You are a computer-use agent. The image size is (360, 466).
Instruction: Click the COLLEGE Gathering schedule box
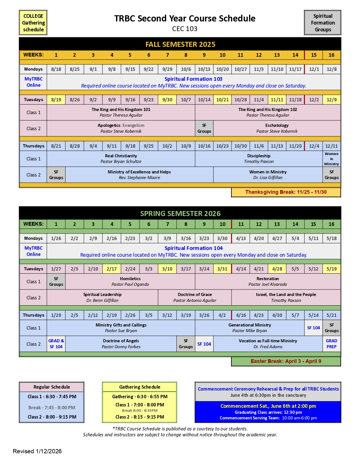pyautogui.click(x=33, y=23)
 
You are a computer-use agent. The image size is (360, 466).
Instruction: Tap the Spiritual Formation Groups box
pyautogui.click(x=322, y=23)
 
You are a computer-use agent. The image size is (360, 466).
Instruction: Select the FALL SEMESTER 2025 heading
pyautogui.click(x=180, y=44)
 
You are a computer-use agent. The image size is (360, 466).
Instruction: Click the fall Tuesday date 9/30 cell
pyautogui.click(x=167, y=100)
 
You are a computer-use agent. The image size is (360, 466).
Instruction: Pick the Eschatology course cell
pyautogui.click(x=277, y=128)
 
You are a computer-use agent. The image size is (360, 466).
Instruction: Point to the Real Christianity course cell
pyautogui.click(x=121, y=158)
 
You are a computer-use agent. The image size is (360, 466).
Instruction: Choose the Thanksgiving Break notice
pyautogui.click(x=286, y=192)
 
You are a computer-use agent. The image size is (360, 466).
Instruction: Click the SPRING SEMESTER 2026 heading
pyautogui.click(x=180, y=214)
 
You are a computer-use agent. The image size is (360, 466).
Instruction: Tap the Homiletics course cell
pyautogui.click(x=130, y=281)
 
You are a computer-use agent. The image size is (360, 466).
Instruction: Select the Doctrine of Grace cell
pyautogui.click(x=195, y=297)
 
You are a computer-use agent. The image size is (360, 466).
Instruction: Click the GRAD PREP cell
pyautogui.click(x=331, y=344)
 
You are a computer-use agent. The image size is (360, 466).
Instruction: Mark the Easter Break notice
pyautogui.click(x=286, y=361)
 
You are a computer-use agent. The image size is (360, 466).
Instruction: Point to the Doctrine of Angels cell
pyautogui.click(x=121, y=344)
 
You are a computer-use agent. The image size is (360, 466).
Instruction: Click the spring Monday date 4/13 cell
pyautogui.click(x=241, y=238)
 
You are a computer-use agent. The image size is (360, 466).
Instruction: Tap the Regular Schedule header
pyautogui.click(x=52, y=387)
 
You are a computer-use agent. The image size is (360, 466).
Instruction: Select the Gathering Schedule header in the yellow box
pyautogui.click(x=139, y=387)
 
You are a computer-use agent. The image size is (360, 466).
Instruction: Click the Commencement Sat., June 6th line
pyautogui.click(x=268, y=406)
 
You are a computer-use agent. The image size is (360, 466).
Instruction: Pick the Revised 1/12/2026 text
pyautogui.click(x=37, y=451)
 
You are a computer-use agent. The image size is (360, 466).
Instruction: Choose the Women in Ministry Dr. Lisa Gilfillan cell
pyautogui.click(x=268, y=175)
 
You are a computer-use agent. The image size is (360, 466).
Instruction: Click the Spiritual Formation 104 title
pyautogui.click(x=193, y=248)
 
